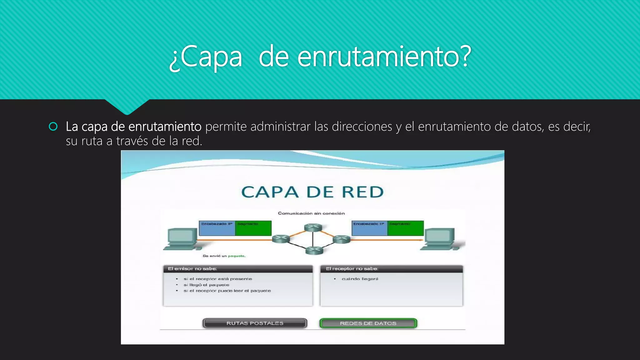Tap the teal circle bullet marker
(53, 127)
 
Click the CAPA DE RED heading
(312, 192)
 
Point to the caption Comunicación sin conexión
(311, 213)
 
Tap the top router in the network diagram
(313, 227)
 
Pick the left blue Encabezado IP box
(217, 228)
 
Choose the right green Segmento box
(406, 228)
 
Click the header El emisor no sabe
(192, 269)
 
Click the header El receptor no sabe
(352, 269)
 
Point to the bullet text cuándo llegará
(360, 279)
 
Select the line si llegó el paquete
(206, 285)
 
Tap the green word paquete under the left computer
(236, 256)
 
